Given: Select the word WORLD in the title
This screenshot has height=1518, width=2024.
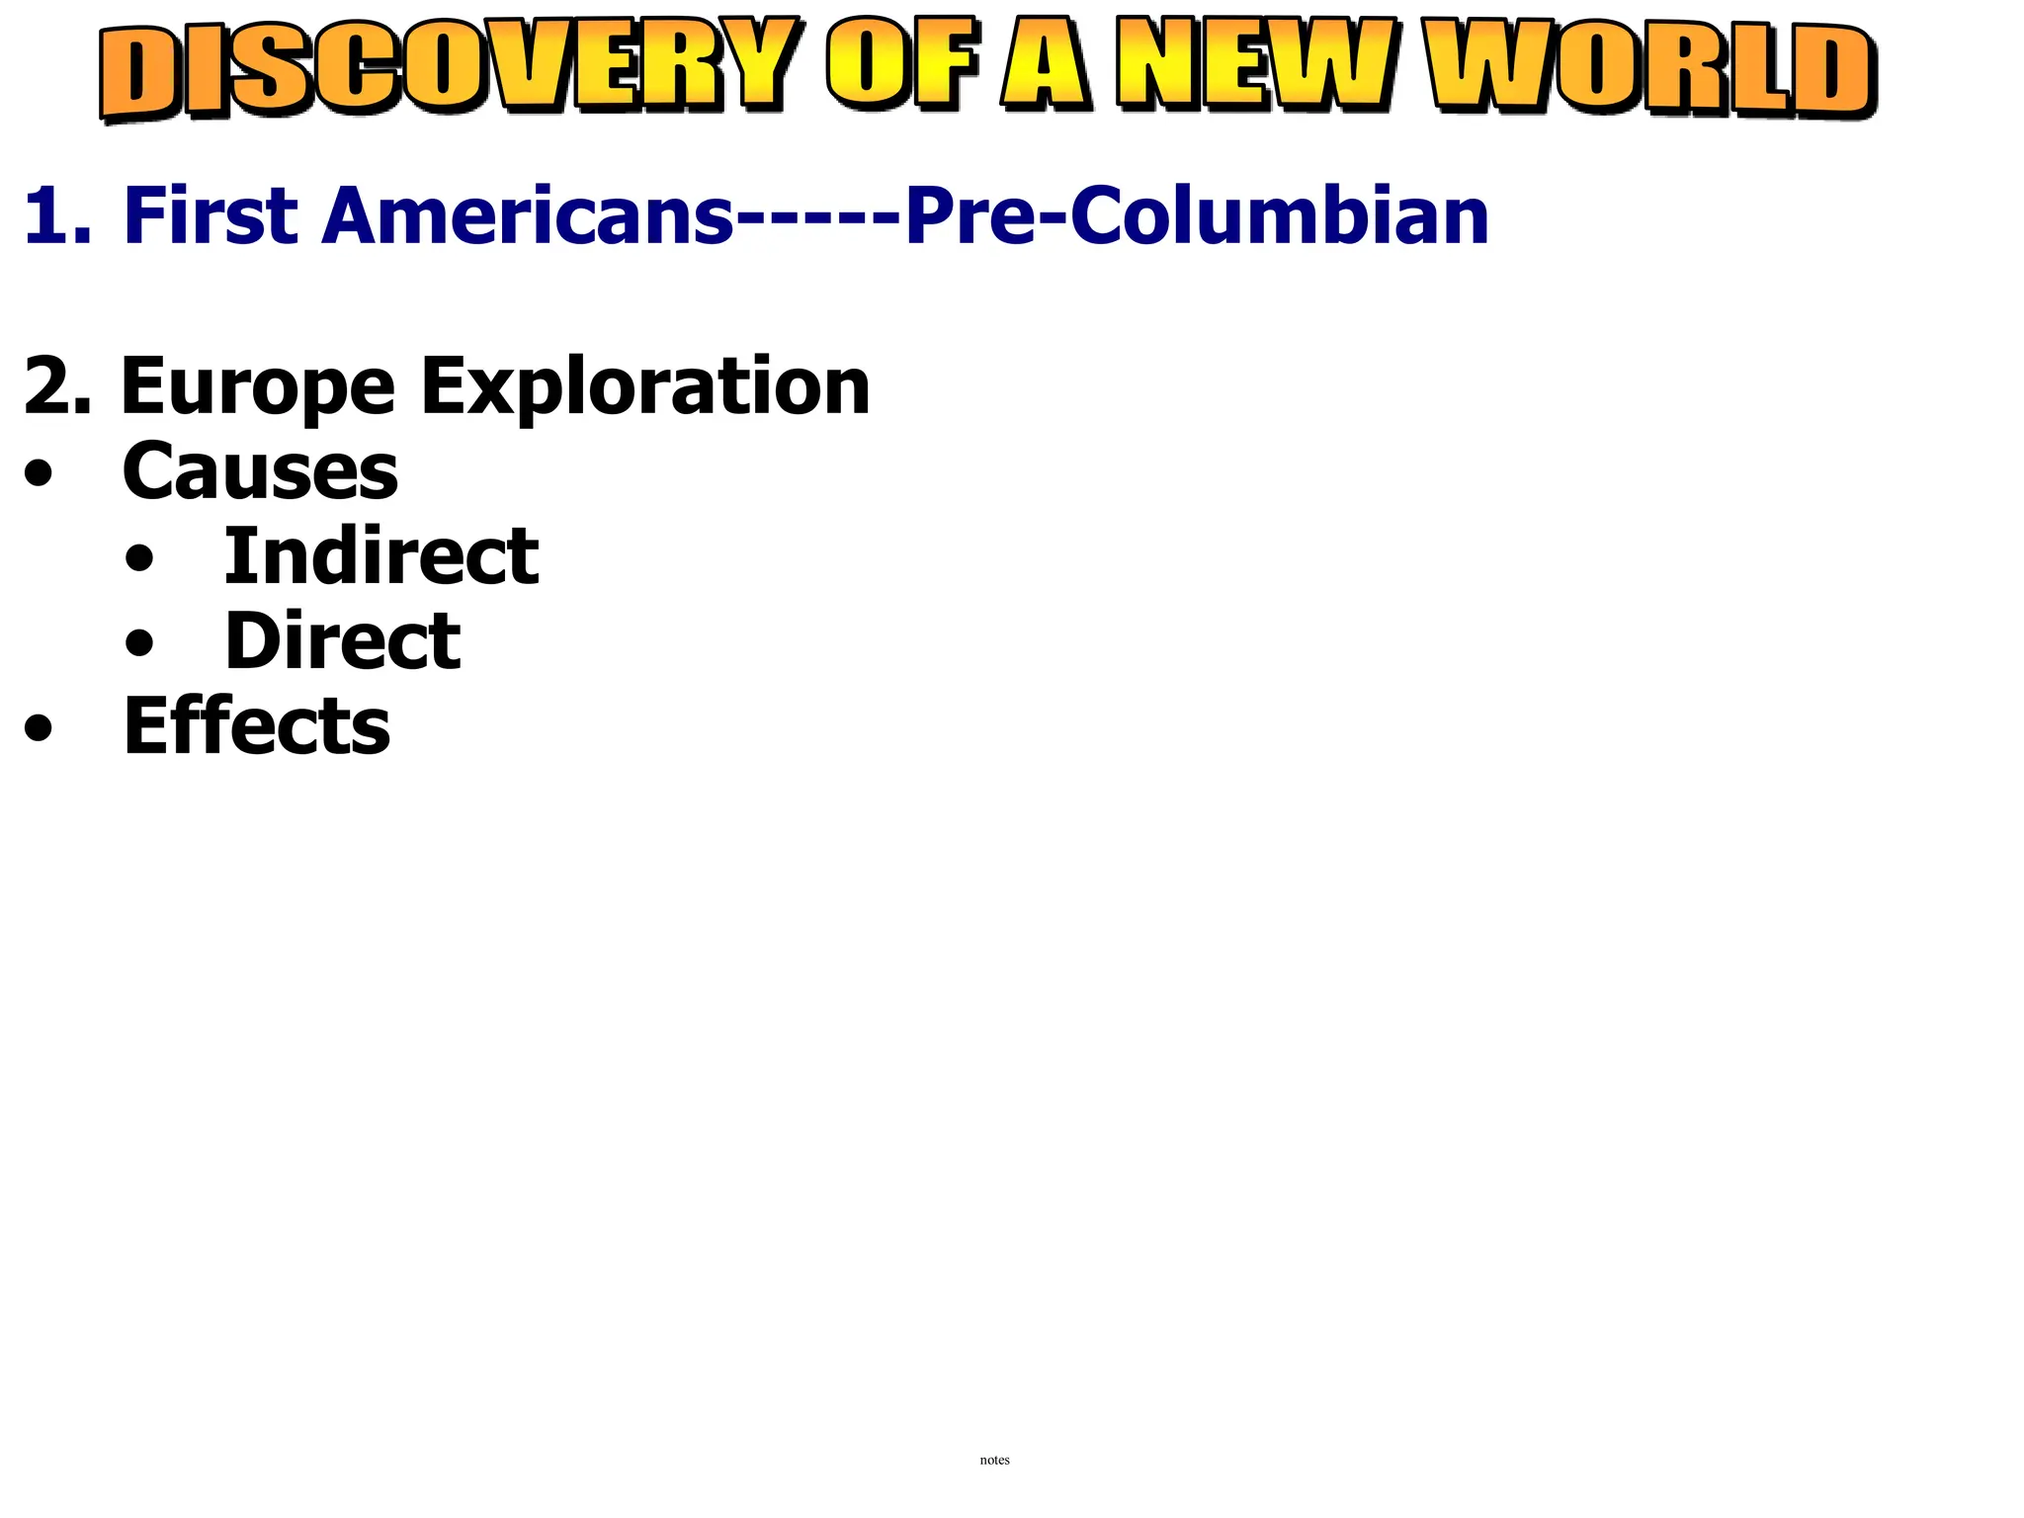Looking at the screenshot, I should pos(1650,69).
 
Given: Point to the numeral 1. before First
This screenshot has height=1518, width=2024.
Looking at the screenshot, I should pos(57,216).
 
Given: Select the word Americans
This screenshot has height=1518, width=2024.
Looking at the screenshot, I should pos(528,216).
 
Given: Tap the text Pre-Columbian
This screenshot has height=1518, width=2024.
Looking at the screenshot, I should pos(1197,216).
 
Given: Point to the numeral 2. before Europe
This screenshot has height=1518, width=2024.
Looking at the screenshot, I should pos(57,386).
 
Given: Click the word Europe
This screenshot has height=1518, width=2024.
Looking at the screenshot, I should pos(258,388).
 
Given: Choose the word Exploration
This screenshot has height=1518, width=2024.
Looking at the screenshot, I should pos(645,388).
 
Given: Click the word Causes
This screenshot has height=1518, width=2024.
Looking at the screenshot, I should pos(260,472).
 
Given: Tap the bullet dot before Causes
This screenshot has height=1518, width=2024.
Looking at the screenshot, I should pos(39,475).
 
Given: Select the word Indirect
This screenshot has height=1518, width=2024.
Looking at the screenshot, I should pos(381,556).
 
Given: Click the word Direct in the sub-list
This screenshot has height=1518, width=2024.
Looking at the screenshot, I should pos(342,641).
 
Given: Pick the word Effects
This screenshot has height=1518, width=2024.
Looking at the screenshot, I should pos(256,726).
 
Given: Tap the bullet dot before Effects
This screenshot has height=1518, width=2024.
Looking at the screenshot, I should pos(39,730).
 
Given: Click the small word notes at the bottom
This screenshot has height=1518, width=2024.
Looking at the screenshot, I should pos(994,1460).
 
